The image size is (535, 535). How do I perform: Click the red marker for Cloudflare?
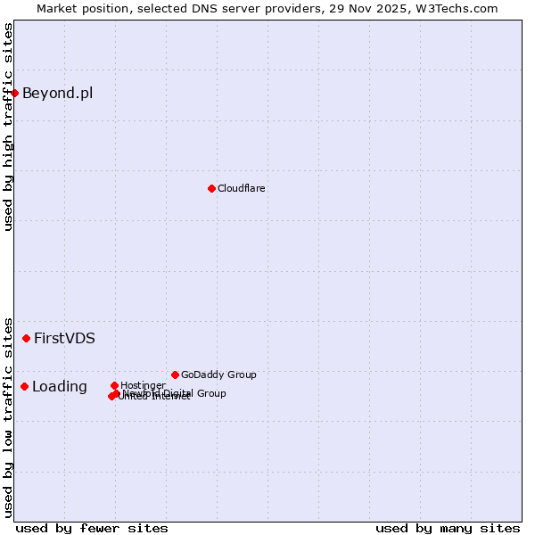(x=211, y=188)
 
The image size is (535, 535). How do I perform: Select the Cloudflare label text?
(x=242, y=188)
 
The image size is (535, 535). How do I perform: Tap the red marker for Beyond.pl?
(x=14, y=93)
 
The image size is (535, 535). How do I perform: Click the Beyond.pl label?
(x=57, y=93)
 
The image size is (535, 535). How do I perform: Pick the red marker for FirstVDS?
(x=27, y=338)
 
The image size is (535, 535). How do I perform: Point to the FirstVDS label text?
(x=64, y=338)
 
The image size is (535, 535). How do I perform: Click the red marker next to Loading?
(x=24, y=386)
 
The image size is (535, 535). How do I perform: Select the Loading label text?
(x=60, y=386)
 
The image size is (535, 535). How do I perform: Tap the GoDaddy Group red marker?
(x=175, y=374)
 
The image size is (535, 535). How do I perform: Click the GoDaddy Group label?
(x=218, y=374)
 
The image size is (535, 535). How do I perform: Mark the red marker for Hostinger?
(x=114, y=385)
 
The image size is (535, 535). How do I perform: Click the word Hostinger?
(x=143, y=385)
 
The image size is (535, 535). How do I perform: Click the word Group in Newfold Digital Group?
(x=210, y=393)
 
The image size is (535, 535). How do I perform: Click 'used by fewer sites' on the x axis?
(x=92, y=528)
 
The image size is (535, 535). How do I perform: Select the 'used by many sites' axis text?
(x=448, y=528)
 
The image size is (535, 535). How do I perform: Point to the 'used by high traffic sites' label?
(x=8, y=127)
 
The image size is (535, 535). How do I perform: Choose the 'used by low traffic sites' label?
(x=8, y=416)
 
